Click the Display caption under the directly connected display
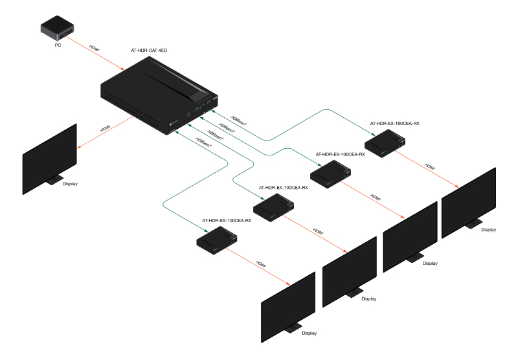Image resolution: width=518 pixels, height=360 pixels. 70,184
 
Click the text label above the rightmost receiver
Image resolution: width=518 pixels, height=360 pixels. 390,122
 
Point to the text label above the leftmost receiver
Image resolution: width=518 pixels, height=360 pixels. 227,221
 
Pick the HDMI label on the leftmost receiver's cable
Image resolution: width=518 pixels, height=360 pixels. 260,264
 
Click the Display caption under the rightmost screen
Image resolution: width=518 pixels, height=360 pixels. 488,229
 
